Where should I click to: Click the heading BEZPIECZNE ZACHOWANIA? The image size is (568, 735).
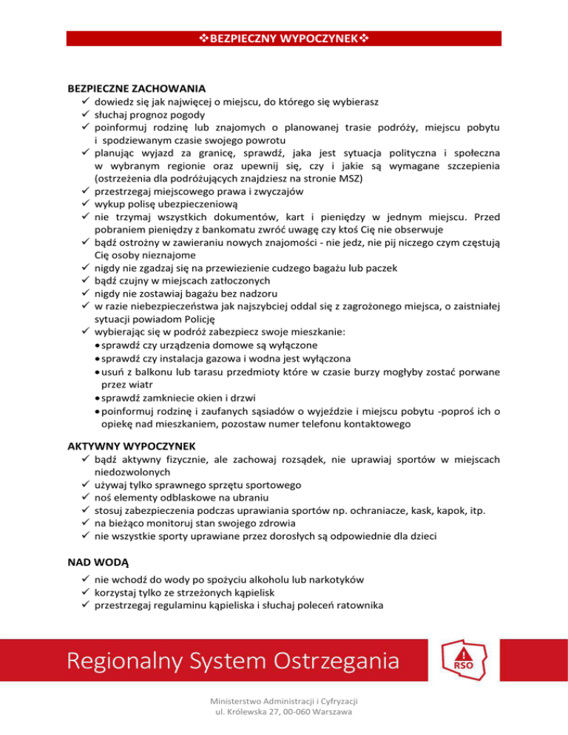(136, 87)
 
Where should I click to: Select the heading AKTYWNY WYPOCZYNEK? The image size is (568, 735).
(131, 446)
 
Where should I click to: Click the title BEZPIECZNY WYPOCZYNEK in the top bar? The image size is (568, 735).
(283, 37)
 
